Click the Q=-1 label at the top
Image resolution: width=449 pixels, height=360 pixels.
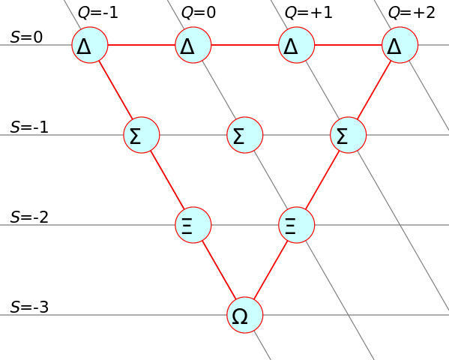(98, 13)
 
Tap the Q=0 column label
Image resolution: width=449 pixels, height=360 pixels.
(199, 13)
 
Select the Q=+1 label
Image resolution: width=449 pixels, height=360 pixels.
(308, 13)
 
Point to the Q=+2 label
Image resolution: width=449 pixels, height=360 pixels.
(412, 13)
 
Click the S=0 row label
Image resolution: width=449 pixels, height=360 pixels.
(26, 37)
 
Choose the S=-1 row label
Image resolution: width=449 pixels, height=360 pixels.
(29, 127)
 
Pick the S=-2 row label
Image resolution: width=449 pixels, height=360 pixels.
(29, 217)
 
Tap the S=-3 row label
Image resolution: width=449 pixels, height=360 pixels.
(29, 307)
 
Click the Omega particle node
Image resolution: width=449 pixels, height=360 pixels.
(245, 315)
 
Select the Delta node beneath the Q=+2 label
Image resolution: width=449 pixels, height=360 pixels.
(400, 45)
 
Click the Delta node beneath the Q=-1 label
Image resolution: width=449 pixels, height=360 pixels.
(90, 45)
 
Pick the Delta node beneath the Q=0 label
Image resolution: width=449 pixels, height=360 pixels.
(193, 45)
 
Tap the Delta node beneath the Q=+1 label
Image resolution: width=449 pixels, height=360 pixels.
(297, 45)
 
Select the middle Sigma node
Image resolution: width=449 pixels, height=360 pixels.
(245, 135)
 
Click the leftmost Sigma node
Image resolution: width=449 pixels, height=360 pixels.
(142, 135)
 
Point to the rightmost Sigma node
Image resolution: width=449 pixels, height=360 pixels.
(349, 135)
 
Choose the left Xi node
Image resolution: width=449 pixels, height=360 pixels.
(193, 225)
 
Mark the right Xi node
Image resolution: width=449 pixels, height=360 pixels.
(297, 225)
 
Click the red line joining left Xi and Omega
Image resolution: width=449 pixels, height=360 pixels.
(219, 270)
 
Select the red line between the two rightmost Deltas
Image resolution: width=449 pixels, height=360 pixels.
(349, 45)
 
